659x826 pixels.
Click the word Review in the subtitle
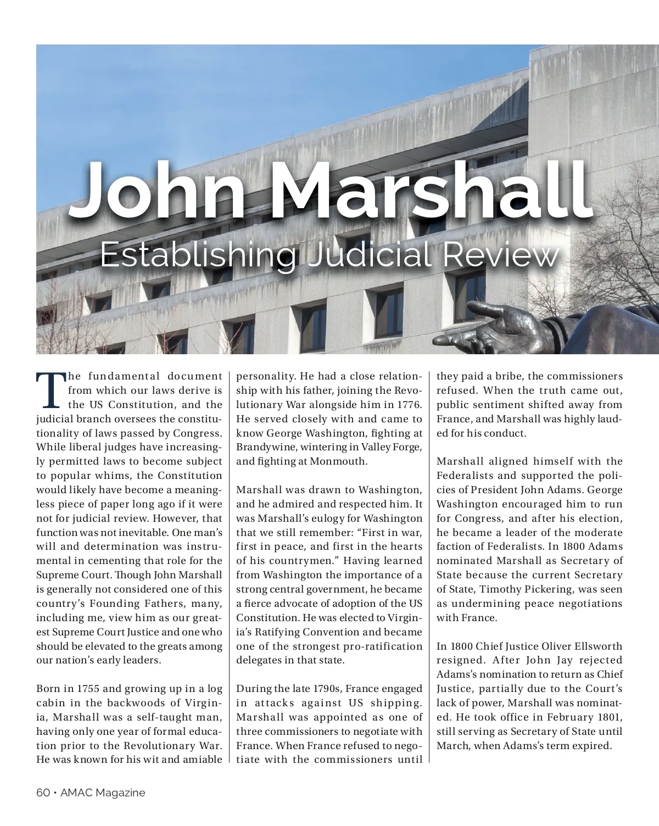[500, 256]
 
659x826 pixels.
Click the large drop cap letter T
[50, 391]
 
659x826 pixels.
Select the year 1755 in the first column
[87, 689]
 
